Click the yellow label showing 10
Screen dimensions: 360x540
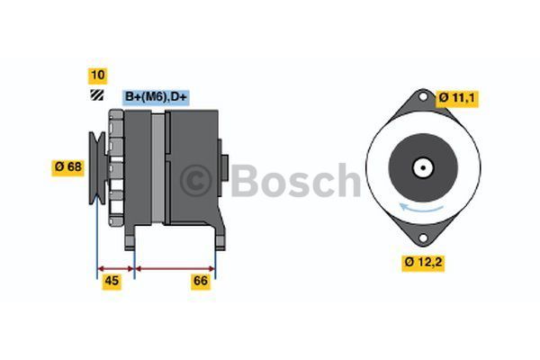pos(97,75)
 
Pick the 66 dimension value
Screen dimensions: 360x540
pos(201,282)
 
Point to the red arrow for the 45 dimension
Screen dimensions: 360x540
pos(115,267)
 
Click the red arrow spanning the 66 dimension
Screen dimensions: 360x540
pos(175,267)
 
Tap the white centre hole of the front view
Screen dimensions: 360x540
pos(420,167)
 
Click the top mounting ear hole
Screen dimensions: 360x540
pos(420,99)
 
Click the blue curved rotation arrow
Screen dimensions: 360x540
pos(421,209)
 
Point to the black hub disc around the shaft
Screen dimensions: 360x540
pos(420,157)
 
